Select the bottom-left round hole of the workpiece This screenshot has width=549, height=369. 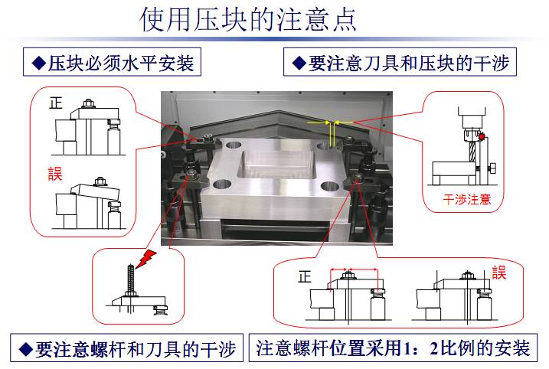[223, 184]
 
